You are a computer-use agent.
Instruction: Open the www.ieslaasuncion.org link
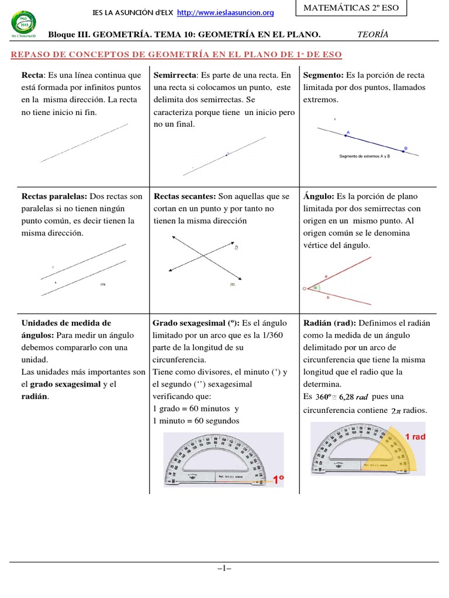[225, 12]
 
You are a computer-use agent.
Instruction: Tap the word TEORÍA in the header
[372, 34]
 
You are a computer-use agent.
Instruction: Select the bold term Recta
[33, 75]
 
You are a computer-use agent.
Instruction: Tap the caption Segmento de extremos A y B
[364, 157]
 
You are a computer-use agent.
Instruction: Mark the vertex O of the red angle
[305, 288]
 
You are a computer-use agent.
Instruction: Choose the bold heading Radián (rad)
[330, 322]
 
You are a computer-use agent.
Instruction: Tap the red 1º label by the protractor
[278, 480]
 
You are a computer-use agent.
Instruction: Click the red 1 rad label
[415, 437]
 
